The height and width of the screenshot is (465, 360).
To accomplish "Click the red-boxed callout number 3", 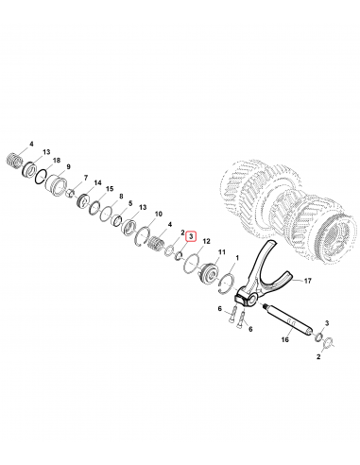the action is point(191,236).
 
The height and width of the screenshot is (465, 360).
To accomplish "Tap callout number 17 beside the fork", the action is point(307,281).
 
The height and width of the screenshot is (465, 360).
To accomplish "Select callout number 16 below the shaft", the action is point(284,339).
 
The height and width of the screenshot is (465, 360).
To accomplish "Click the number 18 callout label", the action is point(57,161).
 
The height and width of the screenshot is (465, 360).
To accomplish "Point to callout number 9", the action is point(68,166).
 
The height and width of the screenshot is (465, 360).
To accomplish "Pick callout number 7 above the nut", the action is point(86,179).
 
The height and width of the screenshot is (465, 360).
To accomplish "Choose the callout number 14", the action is point(97,182).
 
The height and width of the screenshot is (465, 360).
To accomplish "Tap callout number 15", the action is point(110,189).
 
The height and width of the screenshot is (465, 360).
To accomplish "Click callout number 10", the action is point(159,215).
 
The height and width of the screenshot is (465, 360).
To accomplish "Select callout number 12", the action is point(206,241).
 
